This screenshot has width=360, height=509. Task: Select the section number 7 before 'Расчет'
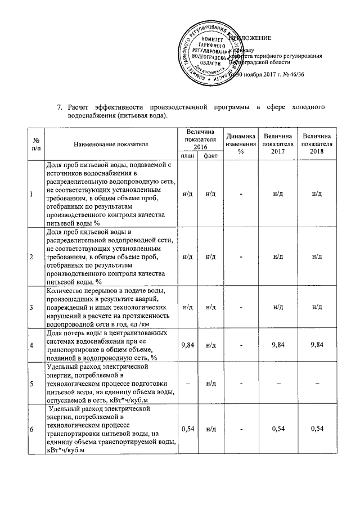click(x=61, y=106)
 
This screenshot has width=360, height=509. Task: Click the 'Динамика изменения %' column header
click(x=240, y=144)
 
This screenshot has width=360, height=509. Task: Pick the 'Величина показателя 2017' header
click(x=277, y=144)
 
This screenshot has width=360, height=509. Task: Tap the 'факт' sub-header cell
click(x=211, y=156)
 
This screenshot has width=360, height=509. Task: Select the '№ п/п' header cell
click(x=35, y=144)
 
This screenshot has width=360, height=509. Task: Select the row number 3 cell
click(x=31, y=307)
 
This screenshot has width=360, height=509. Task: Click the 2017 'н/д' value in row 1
click(x=277, y=194)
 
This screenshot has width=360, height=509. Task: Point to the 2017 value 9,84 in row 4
click(x=277, y=344)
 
